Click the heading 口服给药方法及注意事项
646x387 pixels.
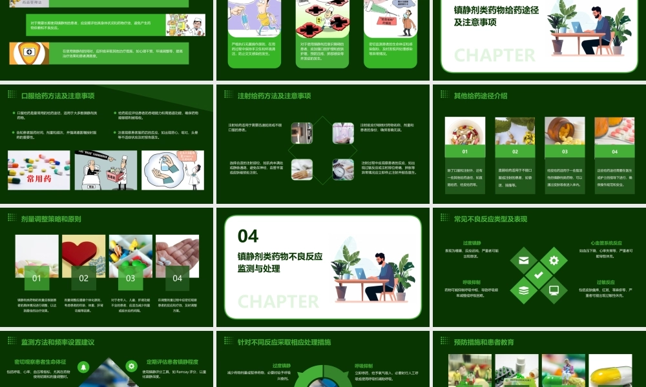[x=57, y=96]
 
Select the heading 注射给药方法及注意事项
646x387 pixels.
[x=274, y=96]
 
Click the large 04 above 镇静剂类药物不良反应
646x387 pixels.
[x=248, y=235]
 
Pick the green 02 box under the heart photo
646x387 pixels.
[x=83, y=279]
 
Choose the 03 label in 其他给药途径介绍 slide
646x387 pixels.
[x=565, y=152]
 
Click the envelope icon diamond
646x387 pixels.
[x=523, y=261]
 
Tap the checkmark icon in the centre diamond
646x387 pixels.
[x=538, y=275]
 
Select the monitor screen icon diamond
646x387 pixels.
[x=554, y=290]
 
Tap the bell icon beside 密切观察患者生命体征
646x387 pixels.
[x=83, y=366]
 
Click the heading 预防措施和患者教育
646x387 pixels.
[x=484, y=342]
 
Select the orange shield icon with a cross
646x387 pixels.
[x=28, y=52]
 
